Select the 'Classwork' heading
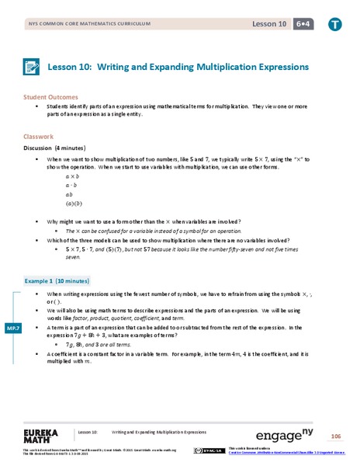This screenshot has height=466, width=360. point(39,137)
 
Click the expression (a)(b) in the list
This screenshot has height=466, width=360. point(73,205)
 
